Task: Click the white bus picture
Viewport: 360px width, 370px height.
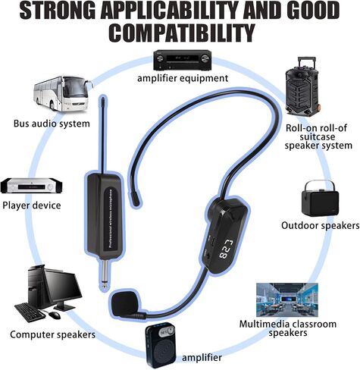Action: (63, 93)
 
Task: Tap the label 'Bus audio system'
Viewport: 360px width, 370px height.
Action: (52, 124)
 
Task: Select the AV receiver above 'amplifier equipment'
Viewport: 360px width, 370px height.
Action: (182, 60)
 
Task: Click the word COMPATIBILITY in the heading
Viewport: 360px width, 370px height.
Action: (182, 33)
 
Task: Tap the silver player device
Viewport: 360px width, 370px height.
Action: (31, 186)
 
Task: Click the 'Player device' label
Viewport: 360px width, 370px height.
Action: (32, 205)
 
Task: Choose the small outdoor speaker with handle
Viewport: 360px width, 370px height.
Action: (320, 198)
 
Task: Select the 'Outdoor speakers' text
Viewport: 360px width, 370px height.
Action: (320, 225)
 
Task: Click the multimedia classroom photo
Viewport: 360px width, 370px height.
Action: (287, 299)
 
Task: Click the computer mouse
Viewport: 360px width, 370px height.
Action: (55, 315)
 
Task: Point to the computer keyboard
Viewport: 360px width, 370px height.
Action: (30, 312)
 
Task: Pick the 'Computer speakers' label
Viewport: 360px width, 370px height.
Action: (53, 334)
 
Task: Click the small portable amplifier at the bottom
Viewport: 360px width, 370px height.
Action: (161, 344)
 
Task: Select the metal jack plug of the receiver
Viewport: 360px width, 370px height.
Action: (106, 275)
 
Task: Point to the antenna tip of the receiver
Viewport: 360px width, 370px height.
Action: (103, 97)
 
